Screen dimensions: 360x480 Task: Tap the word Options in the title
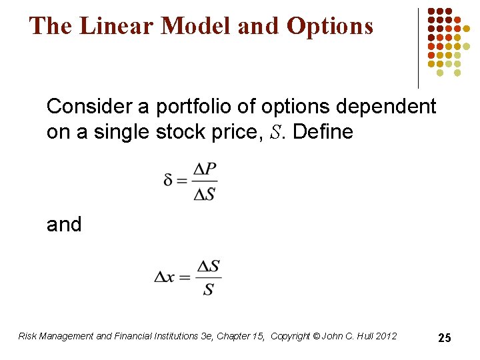pos(330,27)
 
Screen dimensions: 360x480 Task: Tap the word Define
pos(323,132)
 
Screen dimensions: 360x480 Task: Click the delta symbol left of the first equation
pos(168,181)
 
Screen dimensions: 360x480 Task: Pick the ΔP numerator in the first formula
pos(205,169)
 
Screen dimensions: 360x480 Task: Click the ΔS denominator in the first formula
pos(205,194)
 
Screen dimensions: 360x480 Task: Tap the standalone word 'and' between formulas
pos(64,225)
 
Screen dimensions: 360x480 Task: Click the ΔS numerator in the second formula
pos(209,265)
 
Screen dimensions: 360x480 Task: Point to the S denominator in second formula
pos(209,289)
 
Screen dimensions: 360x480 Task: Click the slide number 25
pos(445,338)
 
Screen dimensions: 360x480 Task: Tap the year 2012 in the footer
pos(385,336)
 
